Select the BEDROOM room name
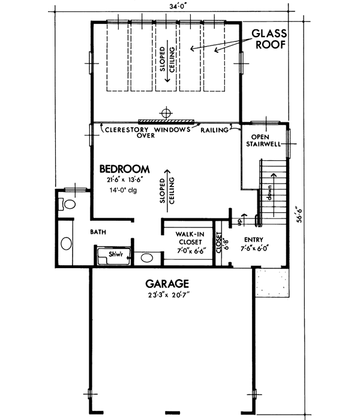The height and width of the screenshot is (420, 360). (x=124, y=169)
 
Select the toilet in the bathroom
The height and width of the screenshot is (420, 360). (x=68, y=205)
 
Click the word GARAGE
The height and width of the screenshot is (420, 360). (x=167, y=283)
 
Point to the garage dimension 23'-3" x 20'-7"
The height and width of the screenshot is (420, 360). (x=167, y=295)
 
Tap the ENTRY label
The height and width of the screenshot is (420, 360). (x=252, y=238)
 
